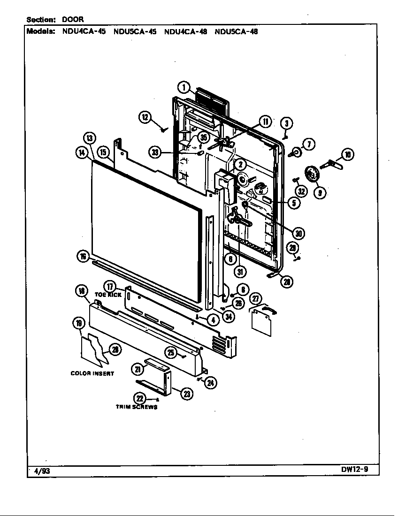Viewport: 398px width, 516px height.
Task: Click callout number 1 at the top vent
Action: (x=184, y=87)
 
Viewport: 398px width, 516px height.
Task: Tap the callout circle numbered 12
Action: (x=145, y=117)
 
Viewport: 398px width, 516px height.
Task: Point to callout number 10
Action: (x=348, y=155)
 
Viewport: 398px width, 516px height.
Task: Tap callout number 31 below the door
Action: (x=240, y=272)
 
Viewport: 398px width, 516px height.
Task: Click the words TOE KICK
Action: (x=108, y=295)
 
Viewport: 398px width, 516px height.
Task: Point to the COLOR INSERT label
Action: (x=92, y=373)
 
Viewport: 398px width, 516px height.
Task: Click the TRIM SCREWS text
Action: (x=137, y=407)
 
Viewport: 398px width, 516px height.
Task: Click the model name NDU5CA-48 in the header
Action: (x=236, y=32)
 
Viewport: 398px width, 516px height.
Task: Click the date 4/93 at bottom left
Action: (x=41, y=471)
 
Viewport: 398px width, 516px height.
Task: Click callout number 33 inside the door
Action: (x=155, y=152)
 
